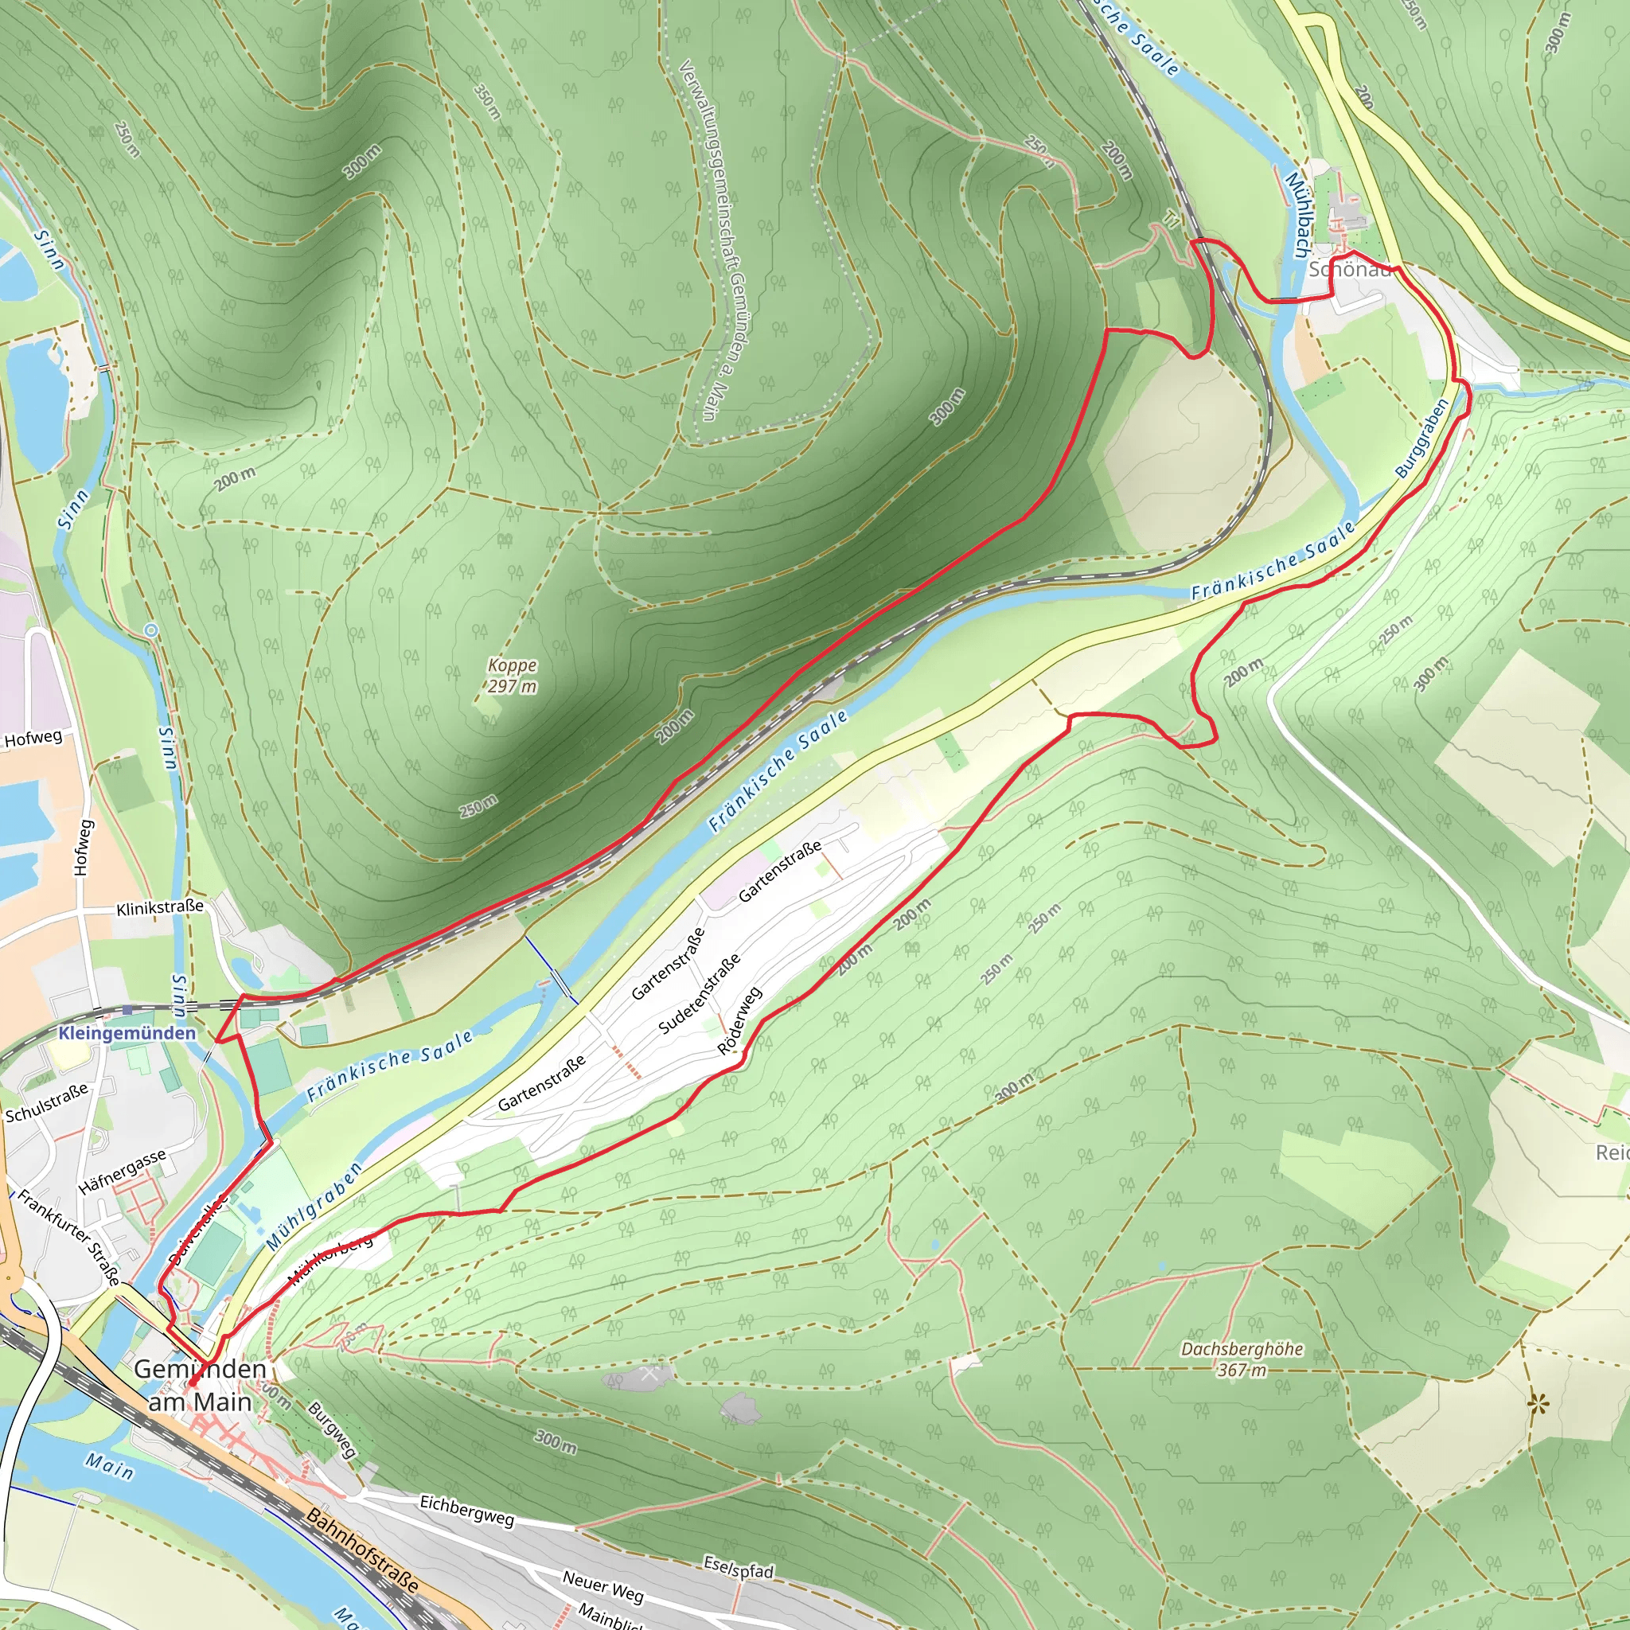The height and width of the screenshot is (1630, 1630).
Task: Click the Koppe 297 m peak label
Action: point(512,676)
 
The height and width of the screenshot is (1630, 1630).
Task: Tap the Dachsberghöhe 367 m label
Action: point(1242,1359)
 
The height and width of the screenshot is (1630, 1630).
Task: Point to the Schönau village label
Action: point(1349,270)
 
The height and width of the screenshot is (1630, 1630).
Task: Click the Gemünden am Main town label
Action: point(200,1386)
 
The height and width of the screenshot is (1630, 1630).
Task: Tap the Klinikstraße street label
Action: point(159,908)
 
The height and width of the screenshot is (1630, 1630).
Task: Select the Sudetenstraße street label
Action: point(700,994)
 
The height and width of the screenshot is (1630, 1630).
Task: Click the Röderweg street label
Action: point(740,1021)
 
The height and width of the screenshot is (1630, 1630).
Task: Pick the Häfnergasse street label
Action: point(123,1172)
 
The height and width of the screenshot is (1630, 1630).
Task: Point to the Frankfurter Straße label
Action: point(69,1238)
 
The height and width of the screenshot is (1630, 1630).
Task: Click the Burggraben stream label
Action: point(1421,438)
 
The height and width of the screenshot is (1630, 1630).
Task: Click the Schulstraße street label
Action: point(46,1104)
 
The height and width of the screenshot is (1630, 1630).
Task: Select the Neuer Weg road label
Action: point(602,1586)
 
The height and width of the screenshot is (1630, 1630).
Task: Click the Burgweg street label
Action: point(332,1430)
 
